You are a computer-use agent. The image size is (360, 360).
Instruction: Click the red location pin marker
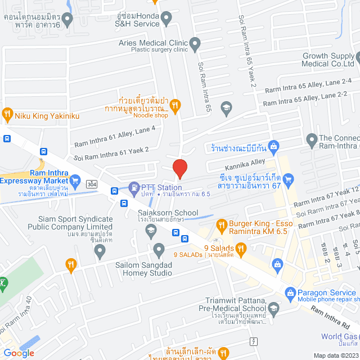179,168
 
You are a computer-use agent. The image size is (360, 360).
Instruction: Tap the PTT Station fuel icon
134,187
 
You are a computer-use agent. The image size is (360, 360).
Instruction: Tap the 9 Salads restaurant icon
241,247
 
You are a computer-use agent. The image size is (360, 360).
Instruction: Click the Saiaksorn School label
168,213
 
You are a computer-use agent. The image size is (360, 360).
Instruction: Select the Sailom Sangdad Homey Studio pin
159,249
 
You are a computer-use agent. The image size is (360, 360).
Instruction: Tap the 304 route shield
91,184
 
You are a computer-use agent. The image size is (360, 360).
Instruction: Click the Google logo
19,353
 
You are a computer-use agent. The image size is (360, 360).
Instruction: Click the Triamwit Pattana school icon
273,308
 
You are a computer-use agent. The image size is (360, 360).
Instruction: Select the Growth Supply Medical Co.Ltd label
330,60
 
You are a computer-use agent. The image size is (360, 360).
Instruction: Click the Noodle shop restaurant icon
175,104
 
